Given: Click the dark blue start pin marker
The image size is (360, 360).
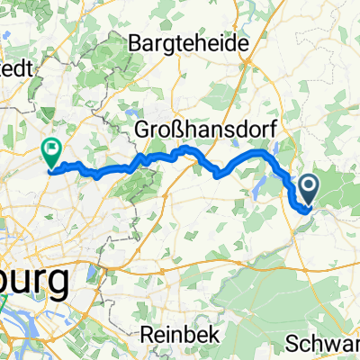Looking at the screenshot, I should click(309, 190).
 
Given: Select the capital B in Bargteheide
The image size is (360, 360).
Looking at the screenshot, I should click(136, 41).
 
